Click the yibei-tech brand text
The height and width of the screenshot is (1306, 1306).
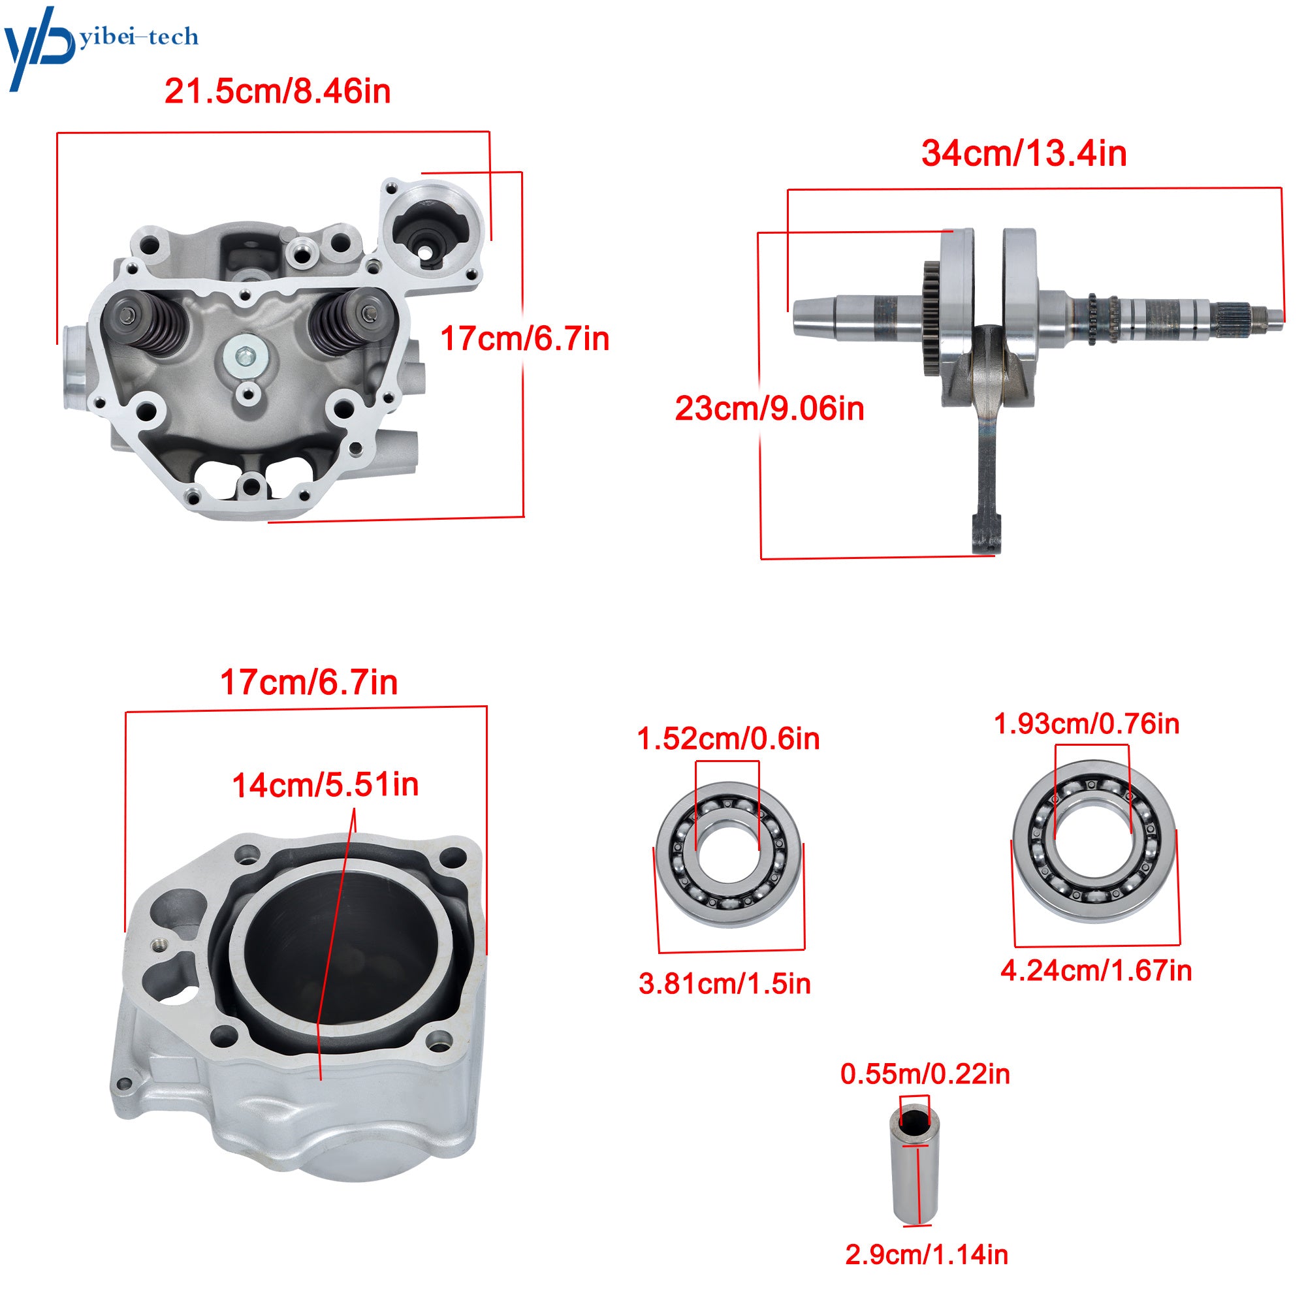tap(139, 37)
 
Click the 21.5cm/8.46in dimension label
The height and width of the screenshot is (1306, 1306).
tap(278, 91)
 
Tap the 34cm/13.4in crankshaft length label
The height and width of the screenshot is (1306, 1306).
tap(1024, 153)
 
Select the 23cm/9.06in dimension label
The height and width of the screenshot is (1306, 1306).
tap(769, 409)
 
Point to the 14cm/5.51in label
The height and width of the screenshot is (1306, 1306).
tap(325, 785)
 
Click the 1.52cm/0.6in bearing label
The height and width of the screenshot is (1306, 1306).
tap(728, 739)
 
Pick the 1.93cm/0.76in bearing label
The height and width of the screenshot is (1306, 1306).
tap(1087, 724)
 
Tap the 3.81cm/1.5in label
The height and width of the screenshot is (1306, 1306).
tap(725, 984)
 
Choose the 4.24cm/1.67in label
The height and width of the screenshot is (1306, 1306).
tap(1096, 972)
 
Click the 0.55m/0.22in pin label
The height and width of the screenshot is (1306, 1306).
tap(925, 1074)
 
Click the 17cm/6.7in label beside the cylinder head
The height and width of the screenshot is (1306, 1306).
tap(524, 339)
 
